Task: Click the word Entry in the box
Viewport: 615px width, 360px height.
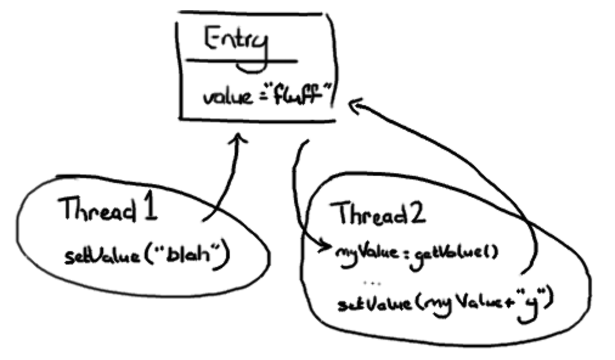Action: click(236, 43)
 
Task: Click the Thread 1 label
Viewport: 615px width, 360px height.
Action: click(108, 210)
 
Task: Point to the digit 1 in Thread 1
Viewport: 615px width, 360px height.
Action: click(149, 209)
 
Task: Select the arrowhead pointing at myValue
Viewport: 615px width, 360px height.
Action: click(326, 246)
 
